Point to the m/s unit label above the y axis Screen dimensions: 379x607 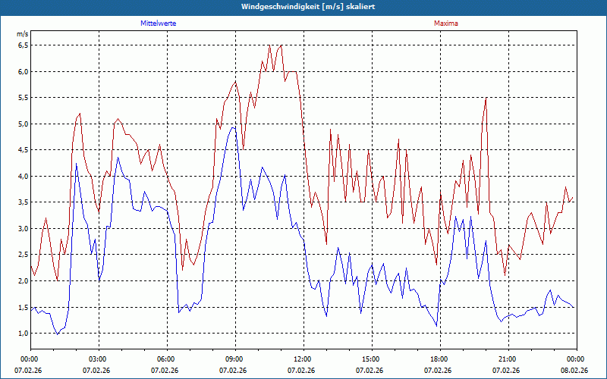point(22,34)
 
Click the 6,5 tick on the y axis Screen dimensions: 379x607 point(22,45)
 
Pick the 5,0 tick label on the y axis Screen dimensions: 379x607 point(22,124)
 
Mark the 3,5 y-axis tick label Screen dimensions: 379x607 point(22,202)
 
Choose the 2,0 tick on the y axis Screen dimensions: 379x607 point(22,281)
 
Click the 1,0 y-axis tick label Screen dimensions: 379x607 point(22,334)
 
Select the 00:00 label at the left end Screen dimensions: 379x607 point(30,359)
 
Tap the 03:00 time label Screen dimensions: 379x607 point(98,359)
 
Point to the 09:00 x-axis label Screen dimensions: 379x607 point(234,359)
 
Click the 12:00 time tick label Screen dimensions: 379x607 point(303,359)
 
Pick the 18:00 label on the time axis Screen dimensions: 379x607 point(439,359)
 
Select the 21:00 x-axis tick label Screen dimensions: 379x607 point(508,359)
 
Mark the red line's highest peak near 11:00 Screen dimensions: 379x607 point(270,46)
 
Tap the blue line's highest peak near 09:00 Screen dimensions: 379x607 point(234,127)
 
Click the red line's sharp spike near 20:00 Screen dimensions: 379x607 point(486,98)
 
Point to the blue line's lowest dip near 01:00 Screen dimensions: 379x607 point(57,334)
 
